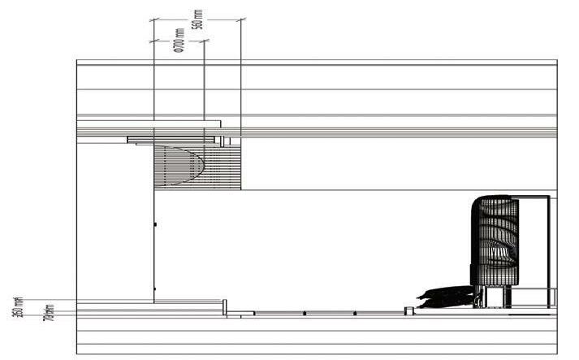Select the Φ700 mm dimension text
click(x=178, y=41)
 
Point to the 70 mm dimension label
click(x=49, y=311)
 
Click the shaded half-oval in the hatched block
click(x=182, y=165)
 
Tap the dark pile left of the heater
click(x=445, y=298)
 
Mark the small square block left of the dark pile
click(x=409, y=310)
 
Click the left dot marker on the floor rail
click(x=305, y=313)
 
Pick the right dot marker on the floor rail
click(x=354, y=313)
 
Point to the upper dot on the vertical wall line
click(x=154, y=224)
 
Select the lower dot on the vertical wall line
click(x=154, y=288)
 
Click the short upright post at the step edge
click(x=225, y=307)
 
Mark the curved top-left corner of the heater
click(x=477, y=202)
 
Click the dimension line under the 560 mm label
click(x=197, y=20)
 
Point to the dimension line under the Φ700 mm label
click(x=178, y=40)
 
